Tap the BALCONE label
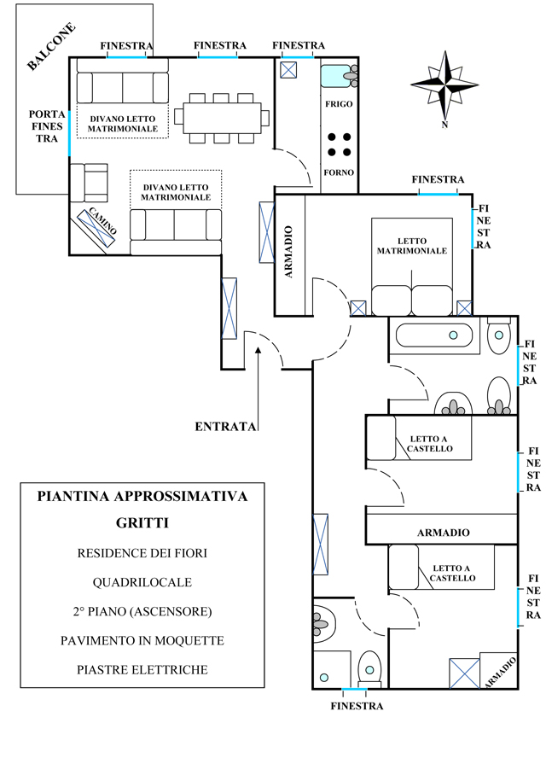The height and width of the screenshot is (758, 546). pos(51,45)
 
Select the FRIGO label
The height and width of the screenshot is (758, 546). pos(338,103)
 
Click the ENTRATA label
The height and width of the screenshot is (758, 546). pos(225,426)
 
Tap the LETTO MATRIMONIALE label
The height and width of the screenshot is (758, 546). pos(411,246)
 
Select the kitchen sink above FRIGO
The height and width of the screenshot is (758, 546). pos(338,76)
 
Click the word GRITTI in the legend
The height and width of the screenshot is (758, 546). pos(142,523)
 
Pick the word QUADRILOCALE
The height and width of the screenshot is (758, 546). pos(142,582)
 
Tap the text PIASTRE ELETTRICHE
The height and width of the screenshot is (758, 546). pos(142,669)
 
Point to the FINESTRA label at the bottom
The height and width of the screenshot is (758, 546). pos(356,706)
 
